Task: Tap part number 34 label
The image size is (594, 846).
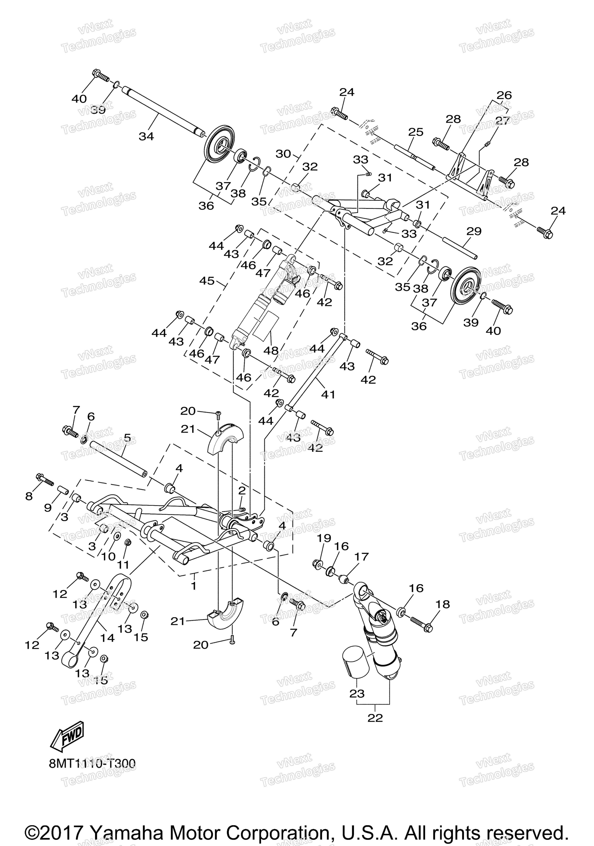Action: click(146, 136)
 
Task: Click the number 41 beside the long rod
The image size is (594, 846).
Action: click(328, 395)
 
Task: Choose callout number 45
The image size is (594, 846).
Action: click(207, 281)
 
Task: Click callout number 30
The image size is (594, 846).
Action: click(283, 154)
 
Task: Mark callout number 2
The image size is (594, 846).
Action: click(242, 490)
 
